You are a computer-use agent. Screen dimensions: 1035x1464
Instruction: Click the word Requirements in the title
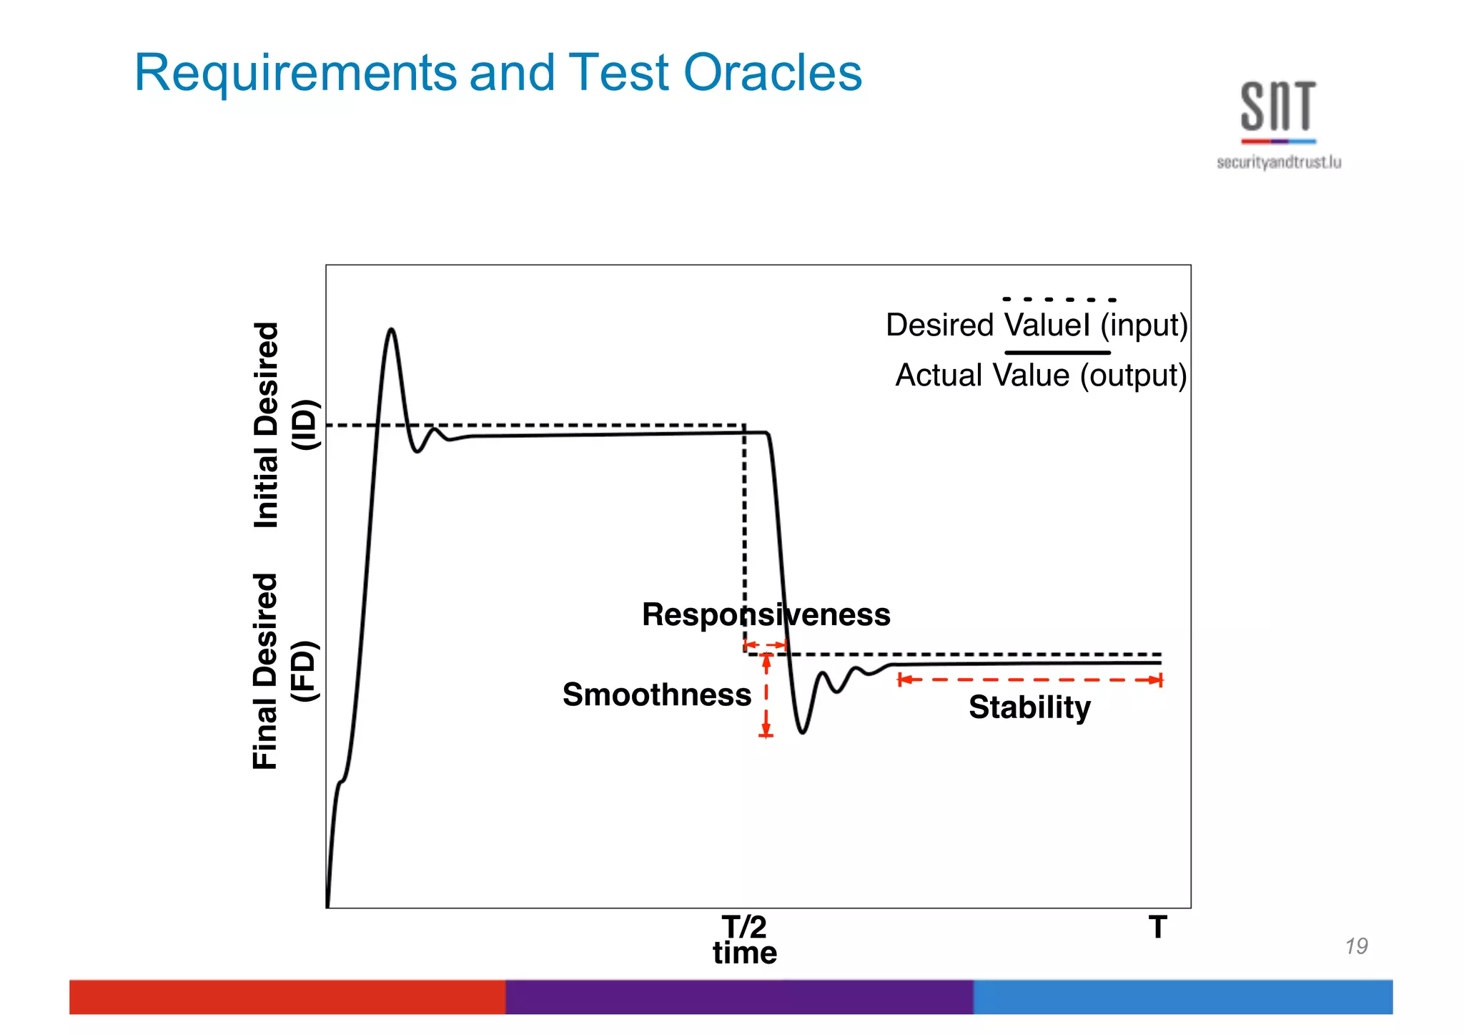point(295,74)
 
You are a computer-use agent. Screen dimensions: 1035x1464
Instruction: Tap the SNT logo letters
point(1277,107)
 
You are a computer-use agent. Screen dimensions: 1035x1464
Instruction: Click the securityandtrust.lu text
point(1278,162)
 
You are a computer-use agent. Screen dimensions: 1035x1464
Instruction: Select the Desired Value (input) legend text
point(1036,325)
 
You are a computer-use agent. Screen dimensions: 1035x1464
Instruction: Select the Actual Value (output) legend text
point(1041,376)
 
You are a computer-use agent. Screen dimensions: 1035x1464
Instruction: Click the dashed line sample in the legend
point(1059,300)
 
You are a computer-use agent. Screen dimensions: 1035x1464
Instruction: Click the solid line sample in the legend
point(1057,353)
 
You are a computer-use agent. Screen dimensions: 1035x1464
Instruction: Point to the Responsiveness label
point(766,614)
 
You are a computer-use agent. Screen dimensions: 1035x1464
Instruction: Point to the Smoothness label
point(656,695)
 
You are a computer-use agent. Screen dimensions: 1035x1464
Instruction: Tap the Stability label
point(1029,707)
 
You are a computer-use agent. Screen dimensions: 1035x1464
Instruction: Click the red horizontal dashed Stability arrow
point(1029,680)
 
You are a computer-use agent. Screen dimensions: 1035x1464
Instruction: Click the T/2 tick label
point(744,927)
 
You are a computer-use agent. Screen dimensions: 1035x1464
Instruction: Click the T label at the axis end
point(1158,927)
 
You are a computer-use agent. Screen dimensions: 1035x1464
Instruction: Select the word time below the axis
point(744,953)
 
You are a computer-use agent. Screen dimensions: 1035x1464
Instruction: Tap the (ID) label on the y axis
point(305,425)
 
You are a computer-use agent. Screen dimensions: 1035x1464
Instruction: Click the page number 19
point(1355,946)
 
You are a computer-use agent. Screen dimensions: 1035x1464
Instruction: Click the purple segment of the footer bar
point(739,996)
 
